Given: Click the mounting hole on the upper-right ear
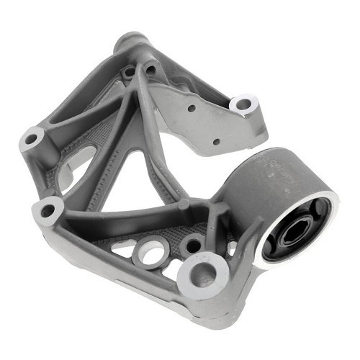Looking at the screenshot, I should (x=243, y=105).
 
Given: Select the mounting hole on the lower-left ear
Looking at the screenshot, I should (x=48, y=211).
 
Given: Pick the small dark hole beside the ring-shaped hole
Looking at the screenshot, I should (x=192, y=245).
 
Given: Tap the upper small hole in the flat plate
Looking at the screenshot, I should (x=192, y=109).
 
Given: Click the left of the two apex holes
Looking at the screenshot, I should (x=129, y=72).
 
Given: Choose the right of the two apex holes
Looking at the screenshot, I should (x=150, y=70).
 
